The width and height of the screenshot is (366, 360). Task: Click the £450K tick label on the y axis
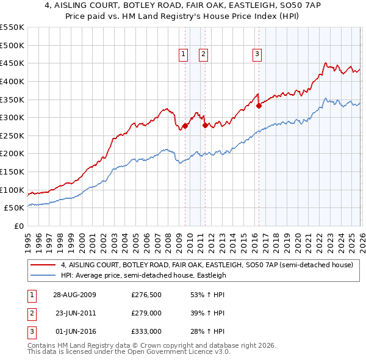12,63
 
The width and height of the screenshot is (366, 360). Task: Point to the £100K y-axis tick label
12,190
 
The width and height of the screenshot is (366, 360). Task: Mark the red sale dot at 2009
185,126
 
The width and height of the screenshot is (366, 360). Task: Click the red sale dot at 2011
205,125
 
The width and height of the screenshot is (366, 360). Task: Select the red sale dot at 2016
259,106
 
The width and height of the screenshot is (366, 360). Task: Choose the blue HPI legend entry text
143,275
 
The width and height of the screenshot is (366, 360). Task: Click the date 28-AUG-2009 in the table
74,295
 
